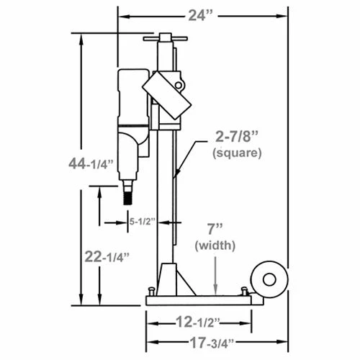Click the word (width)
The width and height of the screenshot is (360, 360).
click(x=215, y=246)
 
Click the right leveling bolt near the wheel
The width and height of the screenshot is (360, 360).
click(x=244, y=290)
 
